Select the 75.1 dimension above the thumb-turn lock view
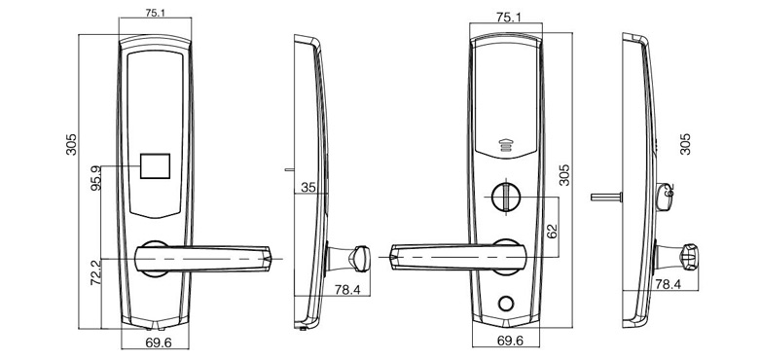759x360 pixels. pos(505,18)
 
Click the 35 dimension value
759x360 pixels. pos(309,187)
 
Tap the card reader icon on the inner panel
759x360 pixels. pos(505,146)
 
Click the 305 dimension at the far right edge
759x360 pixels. pos(685,144)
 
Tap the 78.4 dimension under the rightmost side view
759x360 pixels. pos(667,284)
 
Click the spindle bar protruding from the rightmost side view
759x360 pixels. pos(604,197)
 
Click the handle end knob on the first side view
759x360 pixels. pos(359,259)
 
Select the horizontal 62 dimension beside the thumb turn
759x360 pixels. pos(552,232)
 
